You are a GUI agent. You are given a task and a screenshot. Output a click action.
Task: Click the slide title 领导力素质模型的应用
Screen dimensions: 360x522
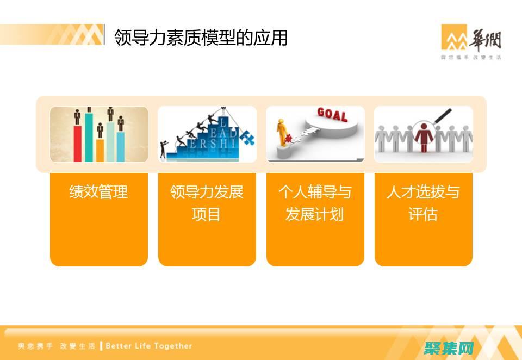click(x=201, y=38)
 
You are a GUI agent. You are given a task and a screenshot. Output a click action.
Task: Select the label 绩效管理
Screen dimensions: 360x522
click(x=98, y=191)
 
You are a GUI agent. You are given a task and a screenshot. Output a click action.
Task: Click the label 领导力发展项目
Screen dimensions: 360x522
click(x=207, y=203)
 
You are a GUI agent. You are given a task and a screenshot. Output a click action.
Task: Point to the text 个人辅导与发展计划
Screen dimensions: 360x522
click(x=315, y=203)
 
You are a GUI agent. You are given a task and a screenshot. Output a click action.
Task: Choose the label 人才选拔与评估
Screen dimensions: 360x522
click(x=423, y=203)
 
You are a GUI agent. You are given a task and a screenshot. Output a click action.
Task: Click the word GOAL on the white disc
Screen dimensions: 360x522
click(x=332, y=114)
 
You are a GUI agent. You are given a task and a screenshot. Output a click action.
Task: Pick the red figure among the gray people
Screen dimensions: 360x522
click(x=422, y=137)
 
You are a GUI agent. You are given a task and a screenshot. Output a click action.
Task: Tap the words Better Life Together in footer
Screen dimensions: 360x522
click(x=149, y=346)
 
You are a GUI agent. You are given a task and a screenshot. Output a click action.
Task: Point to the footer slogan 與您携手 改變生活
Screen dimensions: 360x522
click(x=57, y=346)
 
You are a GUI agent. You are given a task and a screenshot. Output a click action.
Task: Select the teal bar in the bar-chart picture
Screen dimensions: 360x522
click(x=89, y=136)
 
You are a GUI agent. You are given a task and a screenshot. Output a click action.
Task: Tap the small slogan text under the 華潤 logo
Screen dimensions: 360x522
click(x=471, y=57)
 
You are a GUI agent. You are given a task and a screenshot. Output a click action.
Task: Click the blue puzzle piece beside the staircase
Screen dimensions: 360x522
click(x=248, y=138)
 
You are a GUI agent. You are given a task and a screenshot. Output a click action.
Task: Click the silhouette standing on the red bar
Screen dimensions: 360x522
click(x=77, y=116)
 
